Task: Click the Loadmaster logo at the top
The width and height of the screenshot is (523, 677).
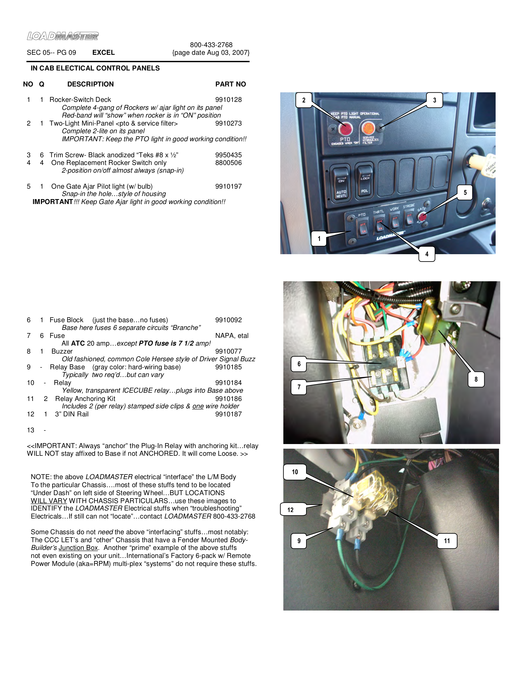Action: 62,36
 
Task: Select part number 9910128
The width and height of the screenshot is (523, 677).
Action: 228,100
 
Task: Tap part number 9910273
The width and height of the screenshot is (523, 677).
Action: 228,123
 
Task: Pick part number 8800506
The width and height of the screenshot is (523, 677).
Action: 228,163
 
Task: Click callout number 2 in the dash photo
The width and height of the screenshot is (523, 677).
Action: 304,100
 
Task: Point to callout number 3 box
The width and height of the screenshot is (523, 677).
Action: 434,100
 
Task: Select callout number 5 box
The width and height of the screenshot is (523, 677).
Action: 465,193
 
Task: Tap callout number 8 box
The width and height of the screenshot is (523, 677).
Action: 476,379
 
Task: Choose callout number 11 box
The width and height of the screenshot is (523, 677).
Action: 447,541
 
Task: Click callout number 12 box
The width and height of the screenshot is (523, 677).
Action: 290,510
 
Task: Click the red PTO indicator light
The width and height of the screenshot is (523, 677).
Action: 345,129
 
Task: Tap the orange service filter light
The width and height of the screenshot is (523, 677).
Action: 368,128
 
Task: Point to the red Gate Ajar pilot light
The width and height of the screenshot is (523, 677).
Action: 423,216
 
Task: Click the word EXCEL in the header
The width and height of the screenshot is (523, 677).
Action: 103,53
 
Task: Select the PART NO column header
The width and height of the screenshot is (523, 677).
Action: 230,84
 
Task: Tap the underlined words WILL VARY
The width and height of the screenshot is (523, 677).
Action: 49,501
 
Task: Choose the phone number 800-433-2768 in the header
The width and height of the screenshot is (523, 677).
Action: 211,45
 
